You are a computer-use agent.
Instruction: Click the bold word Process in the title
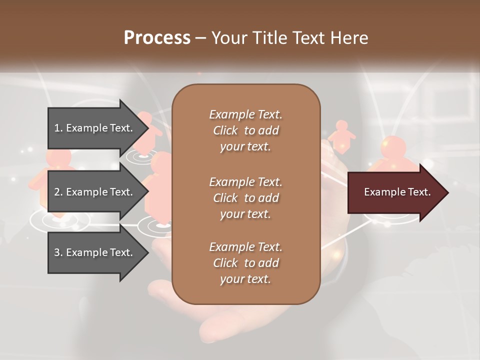click(157, 37)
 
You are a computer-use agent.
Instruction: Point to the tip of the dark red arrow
click(447, 192)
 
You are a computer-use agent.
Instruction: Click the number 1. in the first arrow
click(58, 128)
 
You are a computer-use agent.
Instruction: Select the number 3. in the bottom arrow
click(58, 252)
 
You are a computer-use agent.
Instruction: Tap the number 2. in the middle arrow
click(58, 192)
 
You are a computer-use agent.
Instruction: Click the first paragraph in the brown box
click(245, 130)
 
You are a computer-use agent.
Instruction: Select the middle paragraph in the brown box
click(245, 198)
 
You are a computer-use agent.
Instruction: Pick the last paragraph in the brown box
click(245, 263)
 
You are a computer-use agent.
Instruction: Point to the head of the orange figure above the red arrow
click(393, 146)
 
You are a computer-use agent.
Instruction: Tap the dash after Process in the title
click(200, 37)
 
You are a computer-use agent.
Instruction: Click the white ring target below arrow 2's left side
click(60, 220)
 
